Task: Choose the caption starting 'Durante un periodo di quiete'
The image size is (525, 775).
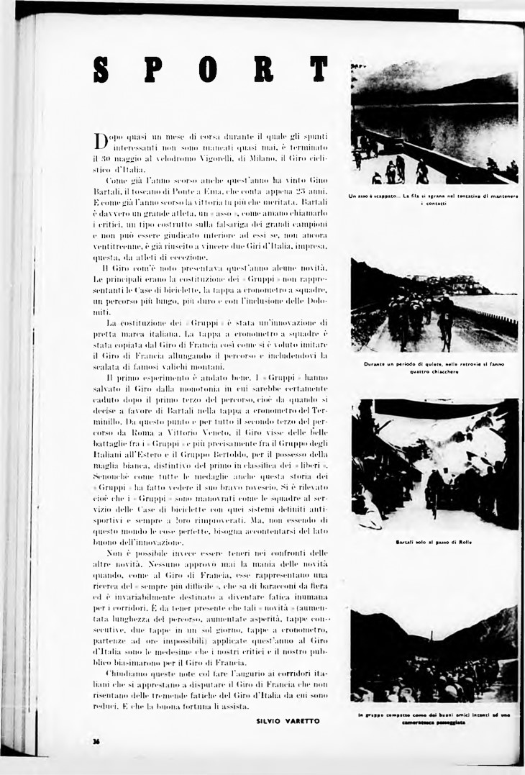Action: [x=434, y=368]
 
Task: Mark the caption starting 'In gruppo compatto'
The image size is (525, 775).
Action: [x=434, y=718]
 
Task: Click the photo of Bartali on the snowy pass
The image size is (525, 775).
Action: [x=434, y=464]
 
